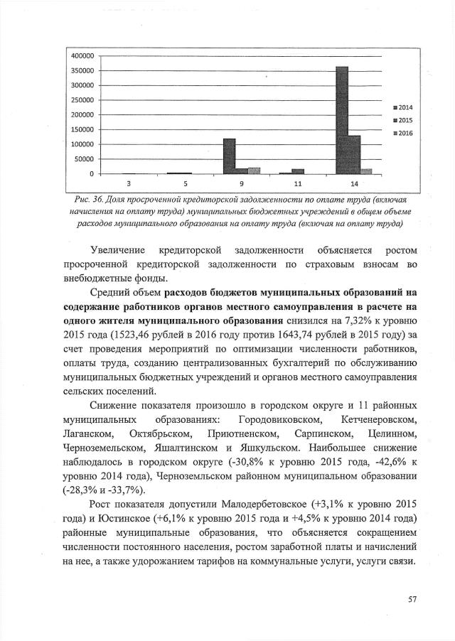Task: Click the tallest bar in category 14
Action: coord(342,120)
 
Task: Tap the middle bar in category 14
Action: coord(354,154)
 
